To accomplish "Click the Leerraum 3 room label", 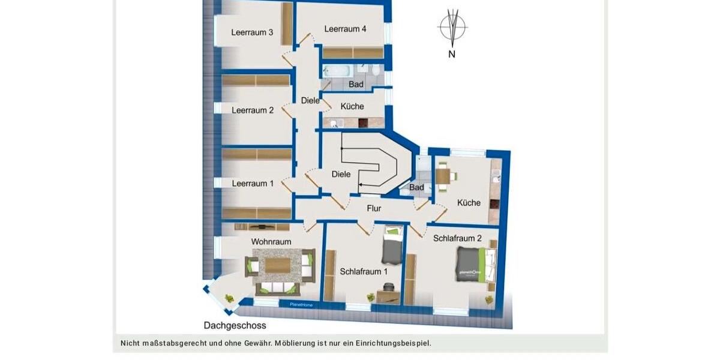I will (244, 32).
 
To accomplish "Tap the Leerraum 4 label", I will (345, 29).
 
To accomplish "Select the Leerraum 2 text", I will (253, 110).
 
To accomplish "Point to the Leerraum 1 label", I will (253, 184).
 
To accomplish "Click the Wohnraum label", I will (271, 242).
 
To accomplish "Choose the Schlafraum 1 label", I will (364, 271).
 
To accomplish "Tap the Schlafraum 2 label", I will (457, 238).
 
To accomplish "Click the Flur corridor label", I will (374, 208).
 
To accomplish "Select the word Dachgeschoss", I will (235, 326).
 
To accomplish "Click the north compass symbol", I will (452, 28).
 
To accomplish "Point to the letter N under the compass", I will (452, 55).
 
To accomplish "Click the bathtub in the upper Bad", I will (337, 71).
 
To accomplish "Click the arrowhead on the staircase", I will (360, 185).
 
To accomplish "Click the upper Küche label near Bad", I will (352, 106).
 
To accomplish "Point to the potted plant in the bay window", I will (229, 298).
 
